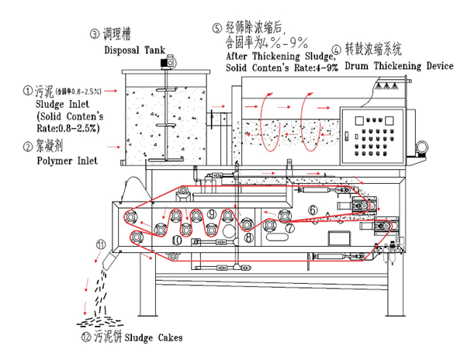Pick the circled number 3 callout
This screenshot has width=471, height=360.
pos(95,33)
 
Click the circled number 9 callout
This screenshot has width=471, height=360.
pos(212,213)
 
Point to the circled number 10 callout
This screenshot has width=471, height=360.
pos(177,240)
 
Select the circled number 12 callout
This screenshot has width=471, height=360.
pos(85,338)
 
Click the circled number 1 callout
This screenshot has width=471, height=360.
pos(7,91)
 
